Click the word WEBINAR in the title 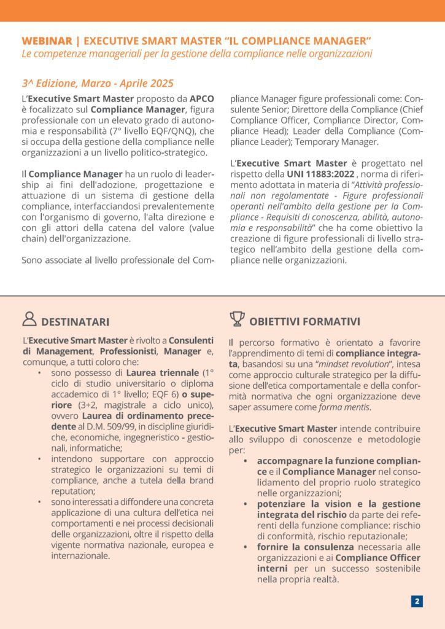pyautogui.click(x=47, y=41)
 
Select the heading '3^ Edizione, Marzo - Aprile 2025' pyautogui.click(x=98, y=83)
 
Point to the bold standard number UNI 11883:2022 pyautogui.click(x=317, y=174)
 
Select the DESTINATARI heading pyautogui.click(x=75, y=322)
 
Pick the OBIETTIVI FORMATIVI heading pyautogui.click(x=304, y=321)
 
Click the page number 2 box pyautogui.click(x=417, y=601)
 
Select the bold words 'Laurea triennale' pyautogui.click(x=162, y=372)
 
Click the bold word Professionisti pyautogui.click(x=126, y=351)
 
